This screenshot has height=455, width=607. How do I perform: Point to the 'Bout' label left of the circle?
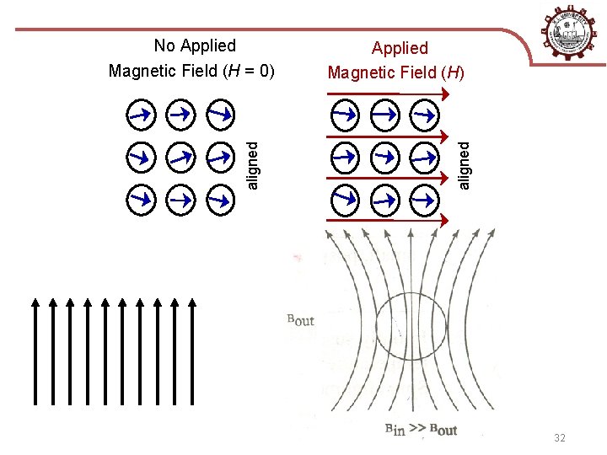point(301,319)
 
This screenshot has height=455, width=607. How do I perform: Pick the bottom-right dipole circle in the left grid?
point(219,200)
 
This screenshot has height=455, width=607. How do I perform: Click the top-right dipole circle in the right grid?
point(427,112)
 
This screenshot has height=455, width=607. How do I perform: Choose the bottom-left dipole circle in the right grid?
point(345,200)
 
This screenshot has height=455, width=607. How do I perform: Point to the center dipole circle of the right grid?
point(385,156)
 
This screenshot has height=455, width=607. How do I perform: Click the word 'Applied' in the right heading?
point(400,48)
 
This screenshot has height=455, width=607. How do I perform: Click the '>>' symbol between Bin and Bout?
point(418,431)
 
